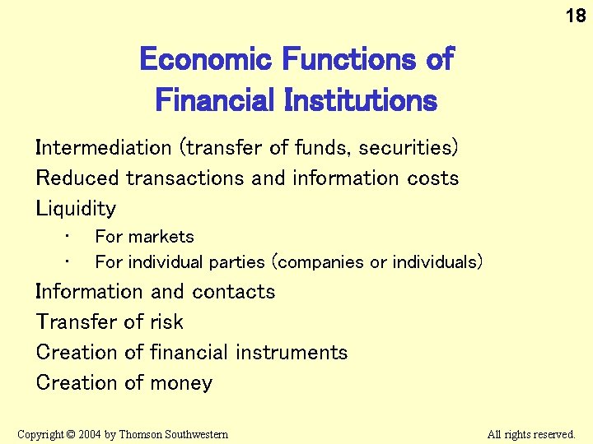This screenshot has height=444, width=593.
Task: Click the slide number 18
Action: tap(575, 15)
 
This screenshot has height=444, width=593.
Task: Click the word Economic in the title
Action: tap(205, 59)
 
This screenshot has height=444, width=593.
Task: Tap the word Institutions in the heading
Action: tap(360, 101)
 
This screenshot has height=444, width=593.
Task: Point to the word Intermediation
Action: tap(103, 148)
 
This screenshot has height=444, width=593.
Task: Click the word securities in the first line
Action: tap(409, 148)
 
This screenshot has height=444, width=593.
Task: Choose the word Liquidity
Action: tap(76, 209)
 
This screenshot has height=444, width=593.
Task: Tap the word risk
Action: tap(166, 322)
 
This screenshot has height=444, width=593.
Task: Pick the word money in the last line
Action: tap(187, 383)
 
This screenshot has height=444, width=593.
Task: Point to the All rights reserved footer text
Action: tap(531, 434)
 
